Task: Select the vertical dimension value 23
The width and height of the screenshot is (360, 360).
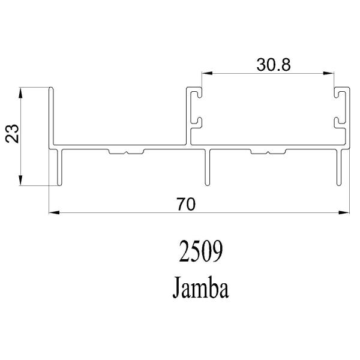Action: (13, 134)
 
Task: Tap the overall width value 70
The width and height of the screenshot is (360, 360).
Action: (186, 204)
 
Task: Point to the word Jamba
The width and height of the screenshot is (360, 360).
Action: (201, 288)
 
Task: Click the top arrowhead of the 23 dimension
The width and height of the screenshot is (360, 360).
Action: (22, 92)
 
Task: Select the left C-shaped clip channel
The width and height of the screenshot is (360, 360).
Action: (194, 108)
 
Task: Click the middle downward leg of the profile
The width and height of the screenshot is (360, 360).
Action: (208, 168)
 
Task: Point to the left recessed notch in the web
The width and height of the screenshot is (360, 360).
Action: (125, 152)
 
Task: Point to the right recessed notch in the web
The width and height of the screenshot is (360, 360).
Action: (268, 152)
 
